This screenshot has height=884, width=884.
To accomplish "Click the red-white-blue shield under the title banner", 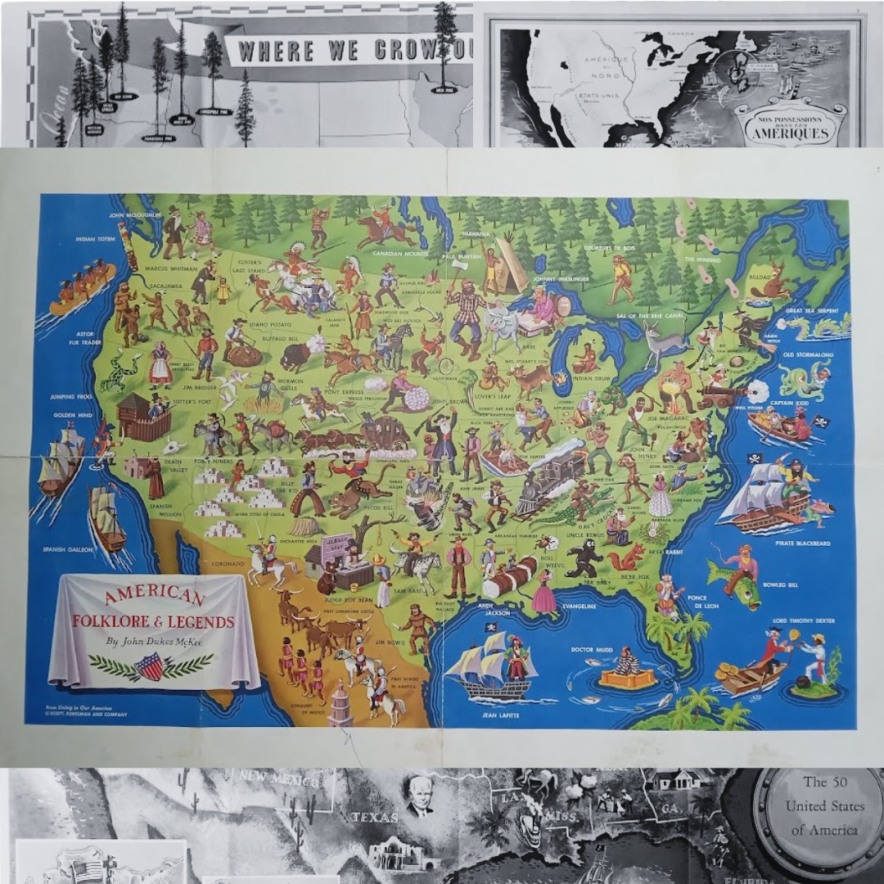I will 151,665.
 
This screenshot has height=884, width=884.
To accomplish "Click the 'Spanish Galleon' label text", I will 65,549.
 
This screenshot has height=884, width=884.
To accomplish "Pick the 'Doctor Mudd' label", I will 593,650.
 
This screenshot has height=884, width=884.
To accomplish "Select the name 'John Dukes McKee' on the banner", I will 152,641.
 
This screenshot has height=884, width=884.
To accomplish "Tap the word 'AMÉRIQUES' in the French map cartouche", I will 792,133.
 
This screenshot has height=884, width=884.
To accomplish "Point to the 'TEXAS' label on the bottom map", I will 375,816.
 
